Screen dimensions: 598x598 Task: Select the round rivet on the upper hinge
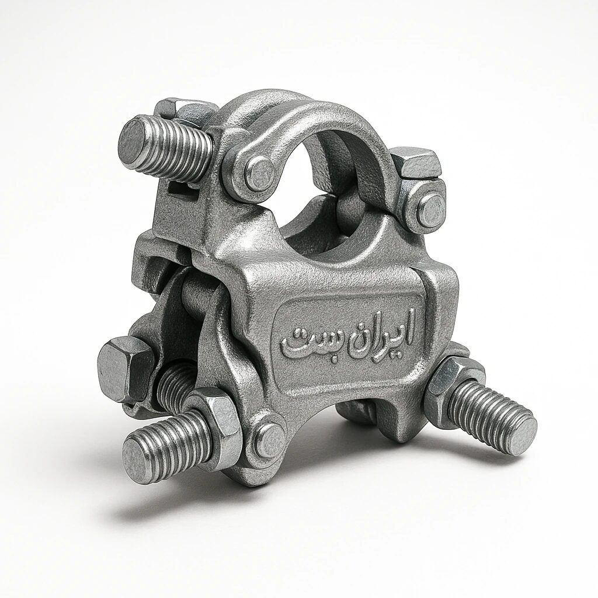[x=259, y=173]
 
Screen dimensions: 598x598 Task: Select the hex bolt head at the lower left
[x=124, y=368]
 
